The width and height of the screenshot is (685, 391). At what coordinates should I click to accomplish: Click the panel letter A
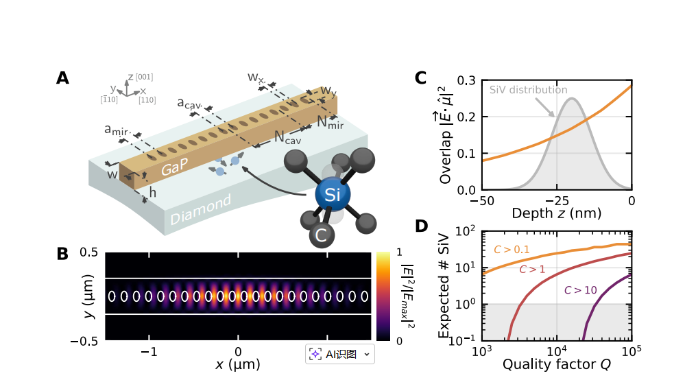coord(62,78)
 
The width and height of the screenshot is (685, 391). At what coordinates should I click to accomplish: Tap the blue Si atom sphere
coord(333,196)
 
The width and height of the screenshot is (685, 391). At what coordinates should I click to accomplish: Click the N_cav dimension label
coord(287,137)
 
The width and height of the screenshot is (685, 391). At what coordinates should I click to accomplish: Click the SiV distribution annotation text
coord(528,90)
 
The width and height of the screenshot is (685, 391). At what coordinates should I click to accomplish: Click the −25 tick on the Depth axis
coord(556,200)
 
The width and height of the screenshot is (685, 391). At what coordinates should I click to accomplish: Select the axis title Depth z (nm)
coord(555,213)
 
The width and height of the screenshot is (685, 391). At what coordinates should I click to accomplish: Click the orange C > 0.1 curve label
coord(512,250)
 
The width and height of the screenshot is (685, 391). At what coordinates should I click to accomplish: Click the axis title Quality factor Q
coord(556,364)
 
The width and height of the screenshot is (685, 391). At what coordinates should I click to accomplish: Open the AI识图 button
coord(340,354)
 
